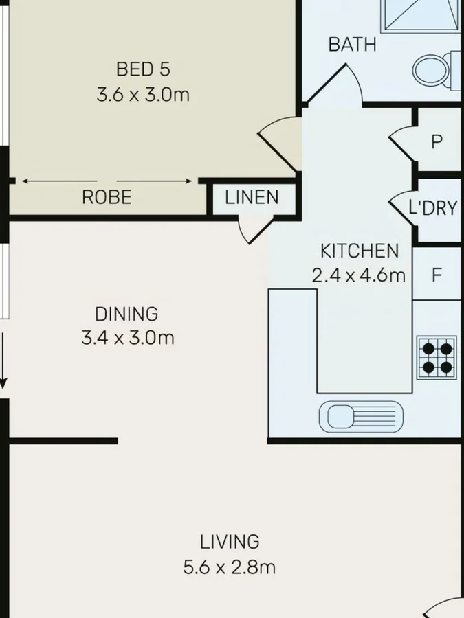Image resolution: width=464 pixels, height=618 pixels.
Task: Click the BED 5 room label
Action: point(143,69)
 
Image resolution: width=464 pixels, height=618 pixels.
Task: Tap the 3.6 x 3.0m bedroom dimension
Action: point(143,94)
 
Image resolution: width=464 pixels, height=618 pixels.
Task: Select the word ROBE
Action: point(107,198)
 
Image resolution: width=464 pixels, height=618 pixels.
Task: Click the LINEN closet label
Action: point(252,198)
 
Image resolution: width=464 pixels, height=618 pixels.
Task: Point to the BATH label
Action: point(352,45)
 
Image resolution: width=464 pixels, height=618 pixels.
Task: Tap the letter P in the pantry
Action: point(437,142)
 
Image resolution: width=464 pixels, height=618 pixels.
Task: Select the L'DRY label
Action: point(432,208)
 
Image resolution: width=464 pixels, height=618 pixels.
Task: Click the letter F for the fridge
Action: point(437,275)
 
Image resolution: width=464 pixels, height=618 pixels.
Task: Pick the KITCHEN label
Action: point(359,251)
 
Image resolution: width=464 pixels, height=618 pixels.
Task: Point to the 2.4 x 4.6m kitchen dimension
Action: point(358,275)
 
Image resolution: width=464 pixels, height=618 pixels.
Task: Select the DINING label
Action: point(126,314)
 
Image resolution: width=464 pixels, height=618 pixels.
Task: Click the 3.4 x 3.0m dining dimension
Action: point(128,338)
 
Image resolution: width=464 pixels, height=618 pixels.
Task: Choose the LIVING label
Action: point(230,542)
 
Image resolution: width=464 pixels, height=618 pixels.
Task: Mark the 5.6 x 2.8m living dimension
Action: point(230,567)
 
